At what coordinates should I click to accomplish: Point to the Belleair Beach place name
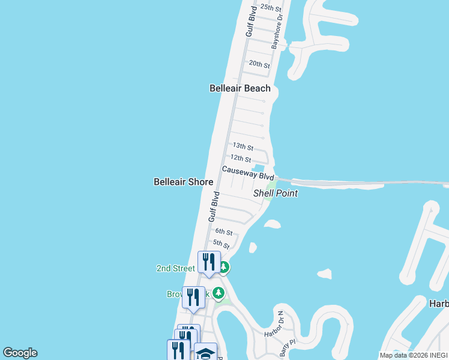click(x=240, y=88)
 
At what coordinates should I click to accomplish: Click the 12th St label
click(x=240, y=159)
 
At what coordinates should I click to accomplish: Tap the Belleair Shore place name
click(x=183, y=182)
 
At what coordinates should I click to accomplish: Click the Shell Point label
click(x=276, y=193)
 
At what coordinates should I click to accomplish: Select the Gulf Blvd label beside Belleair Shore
click(x=214, y=207)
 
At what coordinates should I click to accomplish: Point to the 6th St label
click(x=224, y=232)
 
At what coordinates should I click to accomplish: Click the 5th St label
click(x=221, y=244)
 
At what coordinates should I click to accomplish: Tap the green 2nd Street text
click(x=175, y=268)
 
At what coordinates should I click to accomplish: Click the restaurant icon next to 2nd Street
click(x=208, y=262)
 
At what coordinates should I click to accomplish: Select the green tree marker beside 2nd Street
click(x=223, y=267)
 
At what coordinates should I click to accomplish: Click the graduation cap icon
click(x=205, y=353)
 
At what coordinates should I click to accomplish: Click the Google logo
click(x=20, y=353)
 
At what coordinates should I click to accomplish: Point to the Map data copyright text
click(x=413, y=355)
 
